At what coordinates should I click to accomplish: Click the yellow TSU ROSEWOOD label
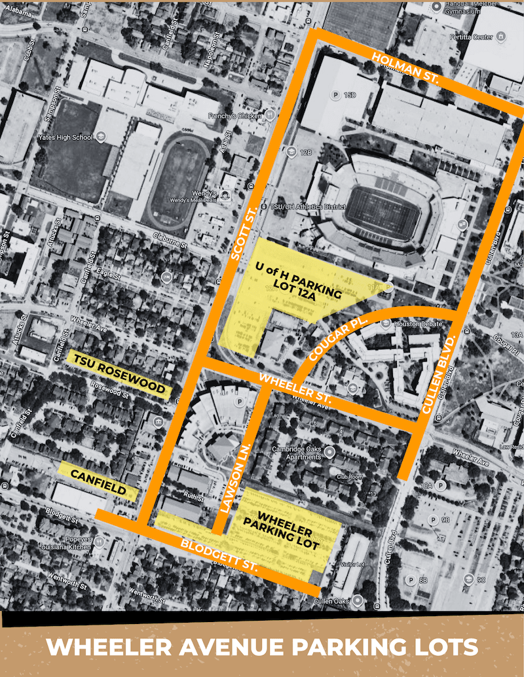[119, 373]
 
